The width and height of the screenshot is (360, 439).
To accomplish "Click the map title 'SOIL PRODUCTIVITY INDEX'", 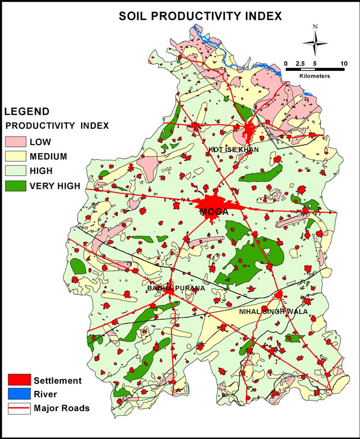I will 200,16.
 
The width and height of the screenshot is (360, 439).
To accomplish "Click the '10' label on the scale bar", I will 344,63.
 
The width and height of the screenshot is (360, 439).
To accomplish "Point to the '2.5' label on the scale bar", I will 302,63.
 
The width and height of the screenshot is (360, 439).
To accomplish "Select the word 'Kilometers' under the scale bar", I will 315,75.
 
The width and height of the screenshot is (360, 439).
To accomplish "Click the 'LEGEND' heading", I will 27,112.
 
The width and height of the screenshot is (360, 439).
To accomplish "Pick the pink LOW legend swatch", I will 16,141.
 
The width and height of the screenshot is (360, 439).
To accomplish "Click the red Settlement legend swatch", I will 18,380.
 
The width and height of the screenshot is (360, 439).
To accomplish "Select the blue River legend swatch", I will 18,394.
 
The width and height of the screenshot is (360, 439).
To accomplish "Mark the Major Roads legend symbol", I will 18,407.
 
